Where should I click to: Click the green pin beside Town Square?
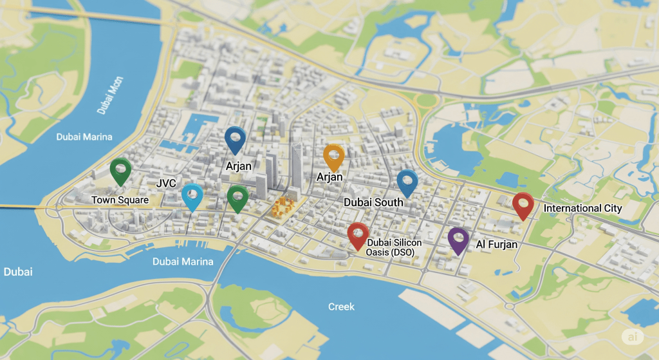tap(120, 170)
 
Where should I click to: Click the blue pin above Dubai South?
tap(407, 182)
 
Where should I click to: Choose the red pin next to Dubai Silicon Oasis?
tap(357, 234)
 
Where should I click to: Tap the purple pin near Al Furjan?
tap(458, 239)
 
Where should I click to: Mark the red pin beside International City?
tap(523, 205)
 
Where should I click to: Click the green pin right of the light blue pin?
tap(237, 197)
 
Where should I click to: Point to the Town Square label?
tap(120, 200)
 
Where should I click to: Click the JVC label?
tap(166, 184)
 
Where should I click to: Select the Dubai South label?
tap(373, 202)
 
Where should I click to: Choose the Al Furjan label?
tap(497, 245)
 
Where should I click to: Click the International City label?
tap(583, 208)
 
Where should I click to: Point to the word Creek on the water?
tap(341, 307)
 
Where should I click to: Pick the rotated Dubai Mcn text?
tap(110, 95)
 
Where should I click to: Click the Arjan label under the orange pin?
tap(329, 176)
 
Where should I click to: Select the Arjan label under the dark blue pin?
tap(239, 166)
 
